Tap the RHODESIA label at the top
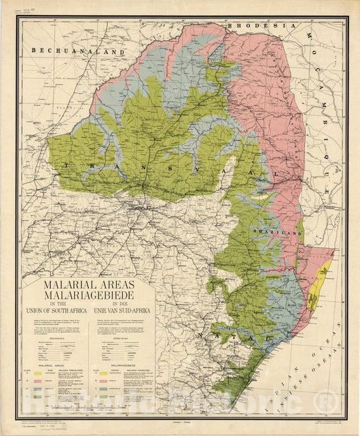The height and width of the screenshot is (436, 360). click(263, 26)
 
